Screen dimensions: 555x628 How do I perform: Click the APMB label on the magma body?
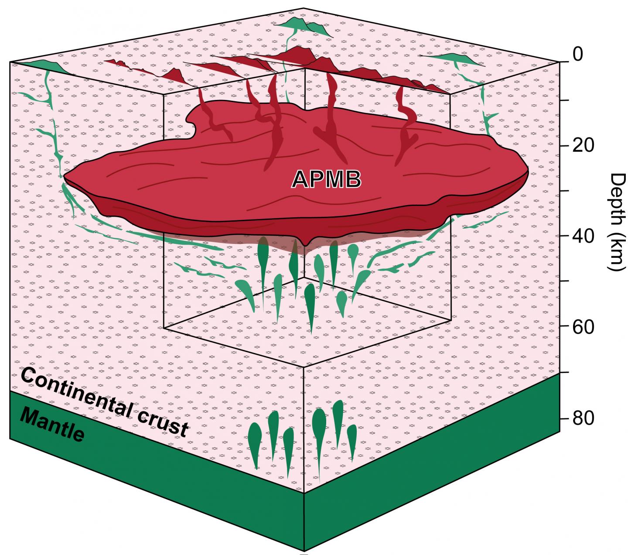tap(326, 179)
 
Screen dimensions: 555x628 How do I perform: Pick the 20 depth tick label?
tap(583, 145)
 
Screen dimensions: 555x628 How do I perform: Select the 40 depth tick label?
tap(583, 236)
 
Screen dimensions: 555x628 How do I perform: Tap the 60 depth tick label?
tap(583, 327)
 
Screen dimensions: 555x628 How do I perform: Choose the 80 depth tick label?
tap(583, 418)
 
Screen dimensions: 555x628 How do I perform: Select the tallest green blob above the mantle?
tap(319, 430)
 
